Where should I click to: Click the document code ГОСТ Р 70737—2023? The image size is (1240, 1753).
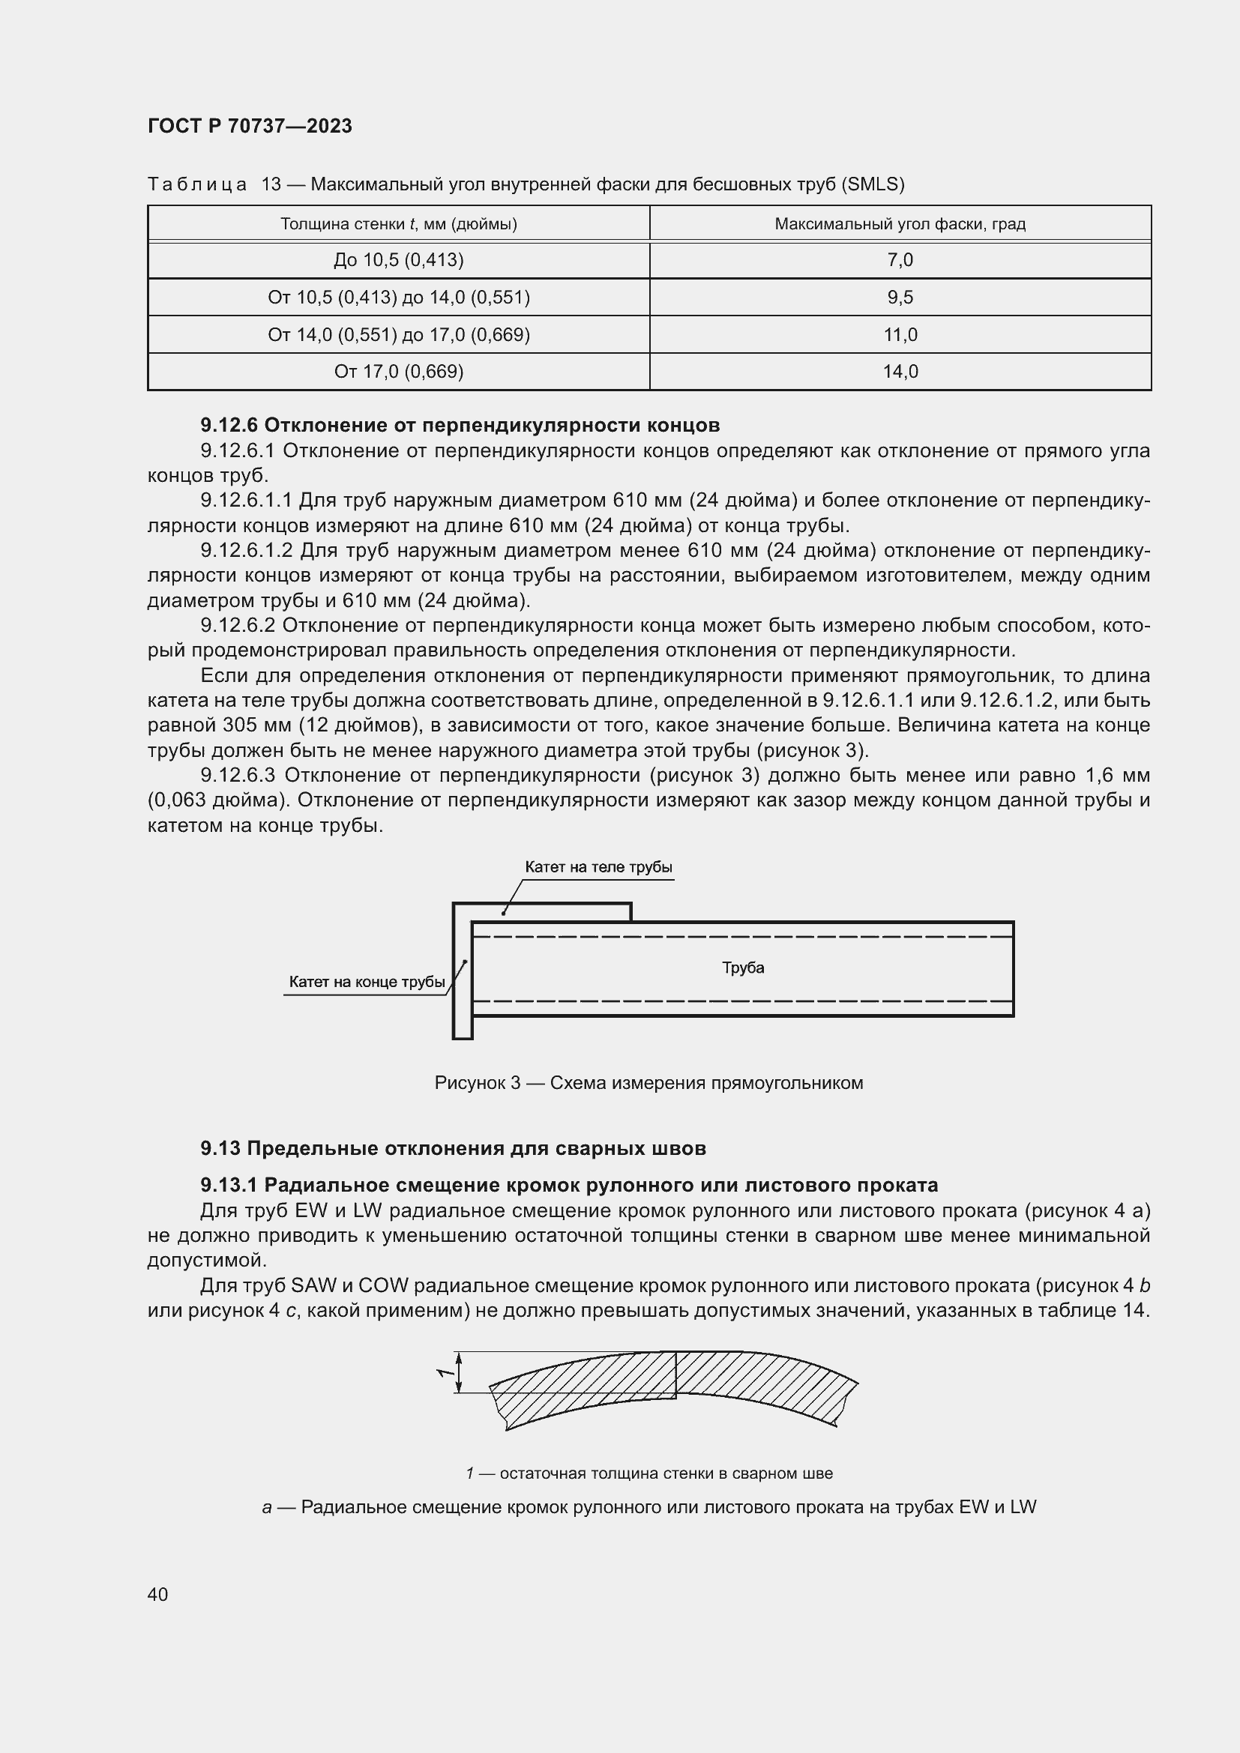click(250, 126)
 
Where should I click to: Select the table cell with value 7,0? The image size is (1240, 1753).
click(900, 260)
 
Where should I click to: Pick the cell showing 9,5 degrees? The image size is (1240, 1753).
click(900, 297)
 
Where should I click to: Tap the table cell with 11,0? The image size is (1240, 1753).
click(900, 334)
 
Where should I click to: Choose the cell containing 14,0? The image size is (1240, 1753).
click(900, 372)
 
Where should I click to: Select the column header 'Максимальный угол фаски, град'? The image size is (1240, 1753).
click(900, 223)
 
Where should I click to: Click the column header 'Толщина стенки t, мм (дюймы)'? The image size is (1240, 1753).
click(399, 223)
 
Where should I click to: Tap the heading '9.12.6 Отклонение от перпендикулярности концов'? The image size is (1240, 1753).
click(460, 424)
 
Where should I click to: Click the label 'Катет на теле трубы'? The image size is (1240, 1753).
click(598, 867)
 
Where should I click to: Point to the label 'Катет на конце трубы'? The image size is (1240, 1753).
click(367, 982)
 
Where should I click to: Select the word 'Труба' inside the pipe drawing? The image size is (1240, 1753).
click(743, 968)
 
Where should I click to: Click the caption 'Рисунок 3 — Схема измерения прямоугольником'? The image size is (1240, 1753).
click(648, 1083)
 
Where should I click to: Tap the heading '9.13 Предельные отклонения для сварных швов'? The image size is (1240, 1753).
click(453, 1148)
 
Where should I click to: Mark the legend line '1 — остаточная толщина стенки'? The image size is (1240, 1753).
click(648, 1473)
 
